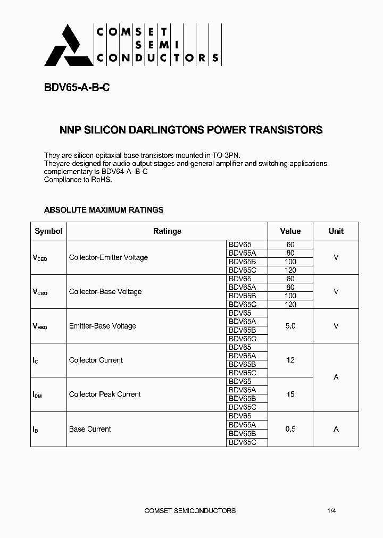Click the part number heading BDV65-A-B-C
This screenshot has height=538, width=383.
coord(77,88)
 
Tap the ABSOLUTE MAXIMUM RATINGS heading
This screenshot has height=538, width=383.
coord(103,210)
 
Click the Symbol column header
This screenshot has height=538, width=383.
coord(48,231)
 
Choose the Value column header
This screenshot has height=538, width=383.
coord(290,231)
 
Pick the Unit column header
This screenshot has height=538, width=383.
coord(336,231)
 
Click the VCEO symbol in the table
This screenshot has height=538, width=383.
coord(40,258)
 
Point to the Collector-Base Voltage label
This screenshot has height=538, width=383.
coord(105,292)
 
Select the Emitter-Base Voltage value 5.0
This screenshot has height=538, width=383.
coord(290,326)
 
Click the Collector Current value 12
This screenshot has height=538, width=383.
coord(290,360)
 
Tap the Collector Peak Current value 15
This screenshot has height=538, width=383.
coord(290,394)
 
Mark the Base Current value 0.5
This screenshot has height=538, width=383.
coord(290,429)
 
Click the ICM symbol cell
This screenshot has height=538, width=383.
coord(37,394)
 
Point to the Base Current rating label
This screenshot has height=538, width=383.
coord(90,429)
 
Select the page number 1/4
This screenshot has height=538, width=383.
coord(331,511)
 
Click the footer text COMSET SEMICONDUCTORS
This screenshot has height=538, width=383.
coord(190,511)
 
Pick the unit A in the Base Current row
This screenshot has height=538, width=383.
coord(336,429)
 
